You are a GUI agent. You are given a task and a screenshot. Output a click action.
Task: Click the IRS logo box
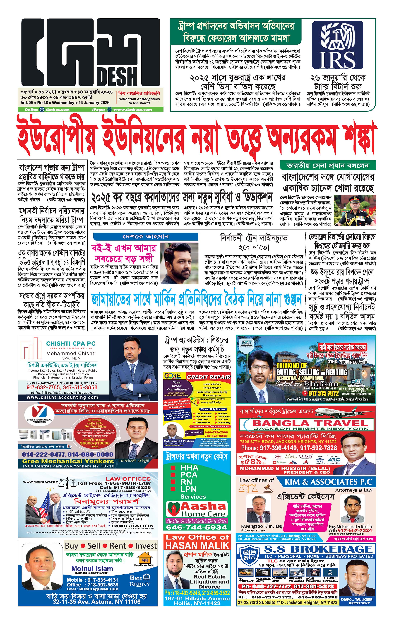click(334, 45)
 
